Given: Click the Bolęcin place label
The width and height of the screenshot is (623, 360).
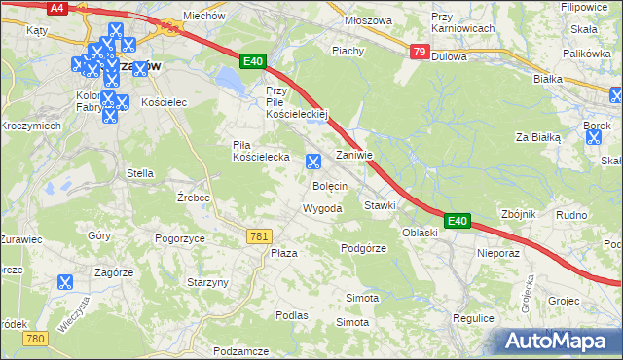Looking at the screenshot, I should click(x=330, y=185).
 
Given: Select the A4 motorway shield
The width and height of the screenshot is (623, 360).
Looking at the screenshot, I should click(x=57, y=8).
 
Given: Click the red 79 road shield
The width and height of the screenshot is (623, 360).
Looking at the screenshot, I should click(x=418, y=53).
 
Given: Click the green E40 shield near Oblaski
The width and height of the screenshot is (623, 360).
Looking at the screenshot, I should click(x=458, y=222).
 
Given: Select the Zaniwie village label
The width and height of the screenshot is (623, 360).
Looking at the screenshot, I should click(x=354, y=156).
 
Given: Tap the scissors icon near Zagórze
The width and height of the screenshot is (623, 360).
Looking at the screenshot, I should click(x=65, y=283).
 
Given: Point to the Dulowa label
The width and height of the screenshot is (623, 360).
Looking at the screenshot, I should click(x=449, y=56).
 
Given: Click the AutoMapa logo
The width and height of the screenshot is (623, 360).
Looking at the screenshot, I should click(x=560, y=341).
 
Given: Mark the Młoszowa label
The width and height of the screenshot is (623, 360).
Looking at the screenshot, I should click(x=369, y=19).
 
